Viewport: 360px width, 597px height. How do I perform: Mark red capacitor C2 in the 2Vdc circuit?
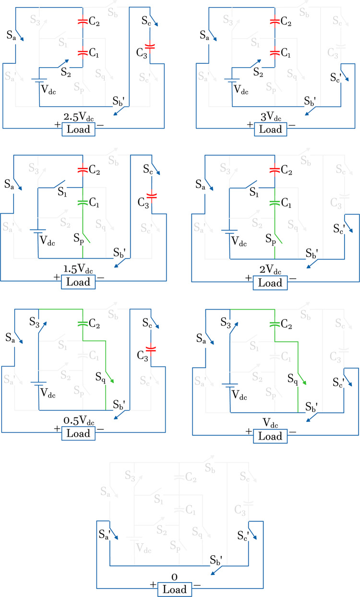pyautogui.click(x=275, y=169)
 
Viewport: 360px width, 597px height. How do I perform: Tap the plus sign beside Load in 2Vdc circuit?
pyautogui.click(x=248, y=278)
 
